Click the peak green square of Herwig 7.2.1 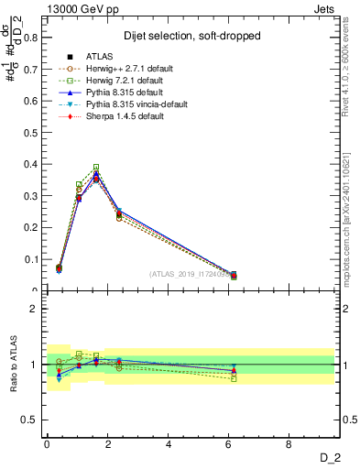[96, 168]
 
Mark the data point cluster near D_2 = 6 [233, 275]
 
